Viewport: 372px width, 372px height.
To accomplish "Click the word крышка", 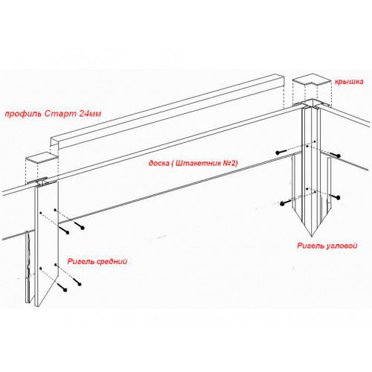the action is click(x=349, y=82).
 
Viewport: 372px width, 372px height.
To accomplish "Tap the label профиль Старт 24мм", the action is click(x=53, y=114).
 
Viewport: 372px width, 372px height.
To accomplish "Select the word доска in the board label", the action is click(x=158, y=163).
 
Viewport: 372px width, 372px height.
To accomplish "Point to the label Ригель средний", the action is click(x=97, y=261).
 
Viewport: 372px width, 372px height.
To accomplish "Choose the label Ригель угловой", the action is click(x=327, y=246).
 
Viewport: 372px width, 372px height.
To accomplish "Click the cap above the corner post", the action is click(x=312, y=80).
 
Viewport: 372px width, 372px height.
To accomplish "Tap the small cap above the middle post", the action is click(x=41, y=158).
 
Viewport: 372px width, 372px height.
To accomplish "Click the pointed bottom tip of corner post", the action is click(x=312, y=236).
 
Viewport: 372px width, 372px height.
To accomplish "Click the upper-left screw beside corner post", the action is click(x=280, y=152).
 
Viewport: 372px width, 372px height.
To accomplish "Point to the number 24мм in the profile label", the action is click(x=90, y=114).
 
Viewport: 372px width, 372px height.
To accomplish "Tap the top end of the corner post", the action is click(x=312, y=104).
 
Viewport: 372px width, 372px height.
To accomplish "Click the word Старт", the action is click(x=60, y=114).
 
